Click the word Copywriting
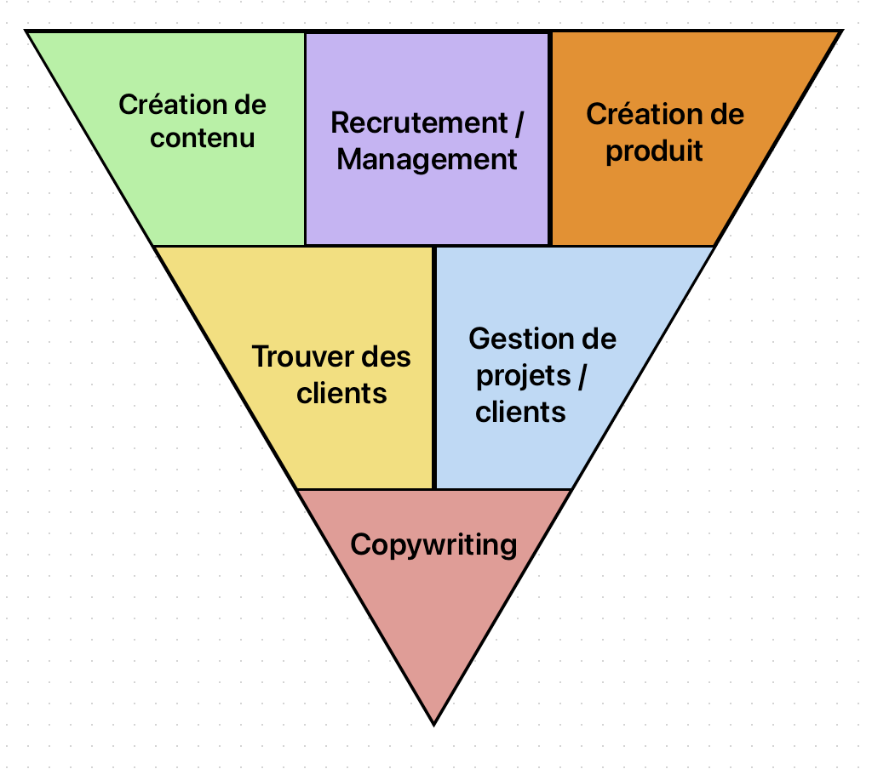coord(433,544)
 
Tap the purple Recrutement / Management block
coord(427,196)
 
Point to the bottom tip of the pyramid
coord(434,724)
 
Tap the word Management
coord(427,159)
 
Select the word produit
coord(654,151)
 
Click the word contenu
coord(203,138)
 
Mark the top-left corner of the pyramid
coord(26,31)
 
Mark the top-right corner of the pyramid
coord(841,31)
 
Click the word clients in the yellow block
coord(341,393)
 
